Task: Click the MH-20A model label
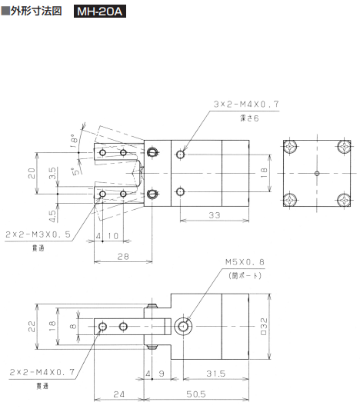tap(100, 12)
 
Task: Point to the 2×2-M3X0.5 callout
tap(39, 234)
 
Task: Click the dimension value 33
tap(215, 216)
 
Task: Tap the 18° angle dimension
tap(75, 141)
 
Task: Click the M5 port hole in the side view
tap(184, 326)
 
